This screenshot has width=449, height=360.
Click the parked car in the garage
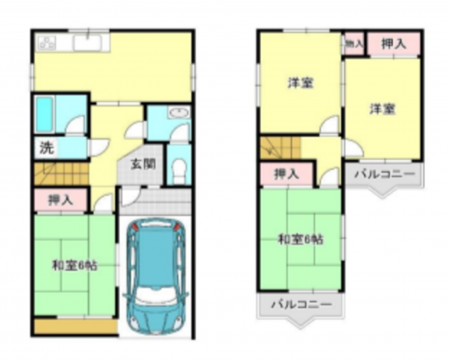pos(156,273)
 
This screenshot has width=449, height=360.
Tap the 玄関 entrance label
pos(143,166)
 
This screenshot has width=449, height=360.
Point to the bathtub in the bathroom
pos(45,114)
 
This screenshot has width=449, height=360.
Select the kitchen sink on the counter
pos(87,42)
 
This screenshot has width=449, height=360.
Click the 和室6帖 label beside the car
pos(75,266)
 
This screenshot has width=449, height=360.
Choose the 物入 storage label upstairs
pos(354,42)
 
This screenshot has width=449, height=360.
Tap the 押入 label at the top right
pos(393,43)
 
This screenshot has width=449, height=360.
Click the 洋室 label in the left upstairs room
pos(300,82)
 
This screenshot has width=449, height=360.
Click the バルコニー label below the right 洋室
pos(384,174)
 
